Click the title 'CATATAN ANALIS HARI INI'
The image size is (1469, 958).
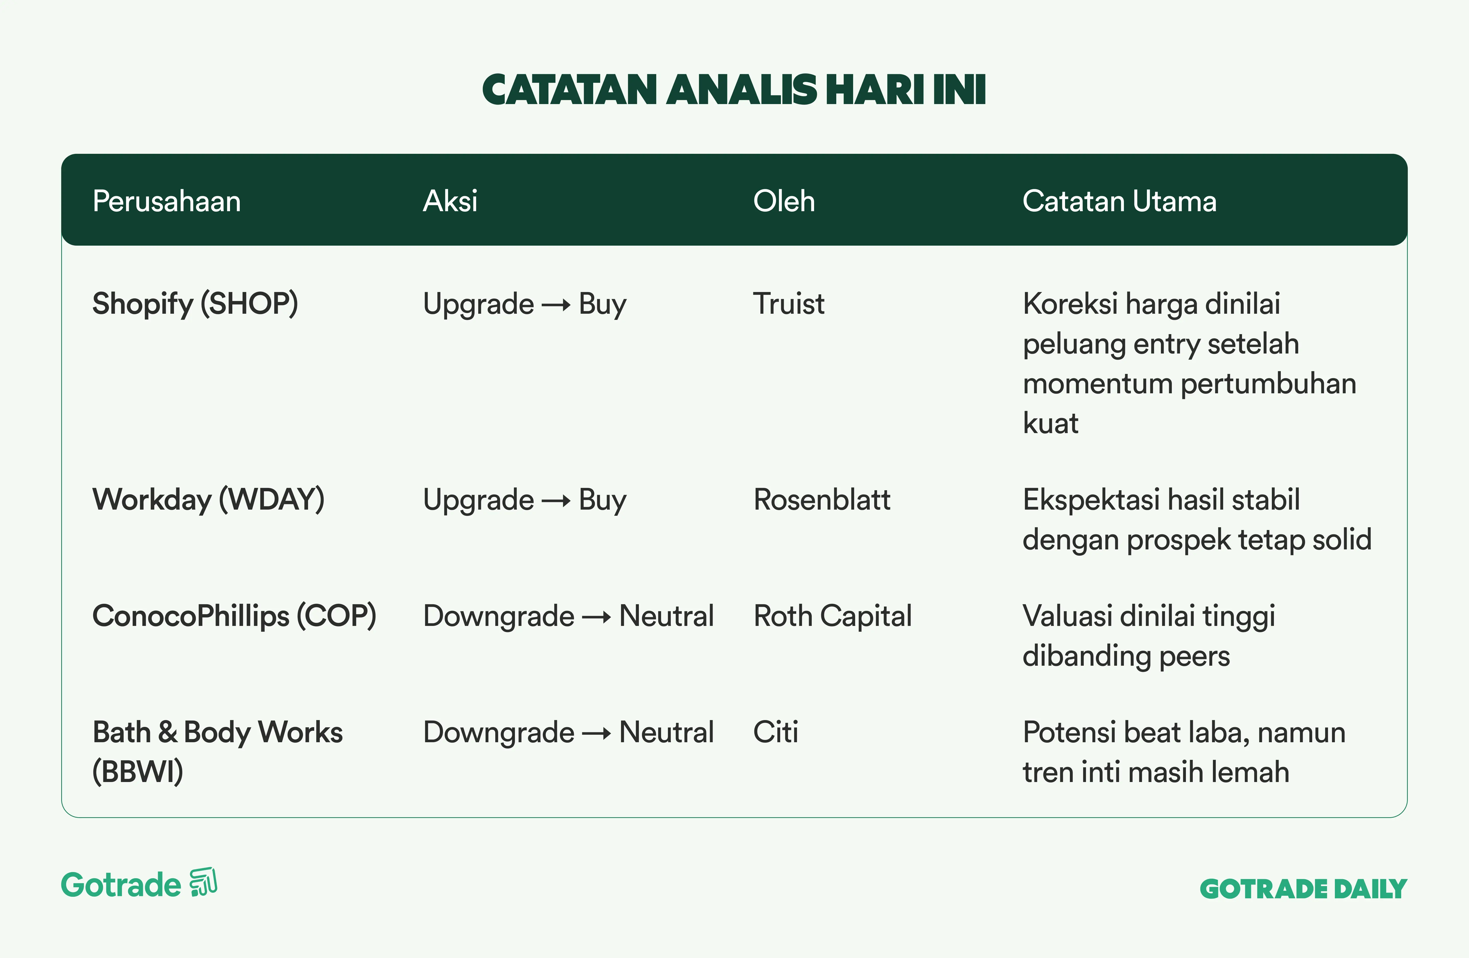pyautogui.click(x=734, y=90)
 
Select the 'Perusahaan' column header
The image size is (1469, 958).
pyautogui.click(x=167, y=201)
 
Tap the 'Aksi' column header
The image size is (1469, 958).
pyautogui.click(x=450, y=201)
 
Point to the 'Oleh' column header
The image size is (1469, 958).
pyautogui.click(x=784, y=201)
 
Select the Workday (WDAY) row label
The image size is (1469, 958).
pyautogui.click(x=208, y=500)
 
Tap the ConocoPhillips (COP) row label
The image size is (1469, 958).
pyautogui.click(x=234, y=616)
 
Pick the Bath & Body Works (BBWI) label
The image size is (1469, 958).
pyautogui.click(x=217, y=752)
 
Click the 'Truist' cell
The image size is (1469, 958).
pyautogui.click(x=789, y=304)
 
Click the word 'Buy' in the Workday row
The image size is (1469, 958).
pyautogui.click(x=602, y=500)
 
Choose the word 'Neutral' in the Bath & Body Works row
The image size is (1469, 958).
pyautogui.click(x=667, y=732)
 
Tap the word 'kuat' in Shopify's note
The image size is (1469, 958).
pyautogui.click(x=1050, y=423)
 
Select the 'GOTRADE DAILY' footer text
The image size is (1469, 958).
pyautogui.click(x=1303, y=889)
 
